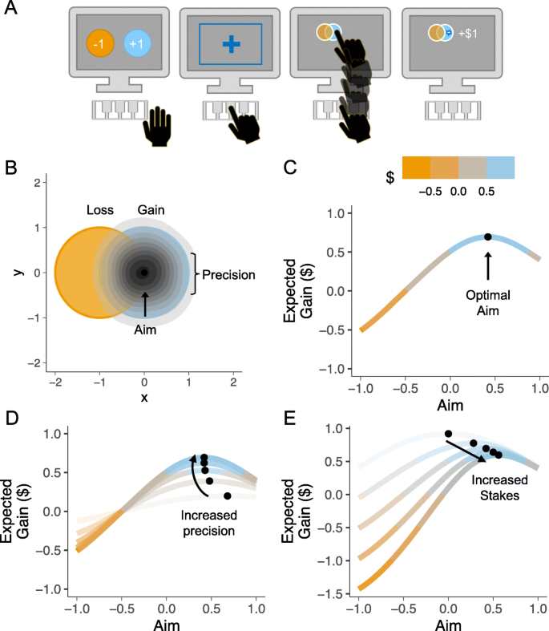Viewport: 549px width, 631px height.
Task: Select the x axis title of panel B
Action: tap(144, 395)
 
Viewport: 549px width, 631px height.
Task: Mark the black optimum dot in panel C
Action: tap(488, 237)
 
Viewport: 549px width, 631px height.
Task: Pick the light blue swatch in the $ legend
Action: tap(499, 167)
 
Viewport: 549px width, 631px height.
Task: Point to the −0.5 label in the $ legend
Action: tap(431, 192)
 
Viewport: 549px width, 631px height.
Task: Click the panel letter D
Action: tap(10, 417)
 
